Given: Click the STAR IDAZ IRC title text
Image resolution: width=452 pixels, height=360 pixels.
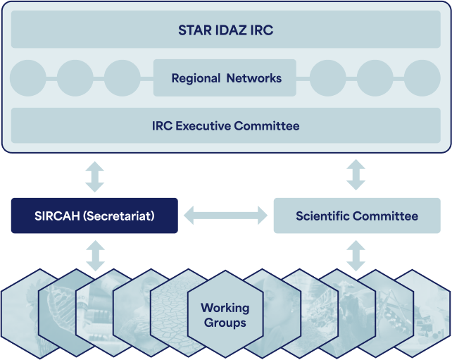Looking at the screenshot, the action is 226,30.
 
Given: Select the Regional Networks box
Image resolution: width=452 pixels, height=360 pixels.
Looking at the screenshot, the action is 225,78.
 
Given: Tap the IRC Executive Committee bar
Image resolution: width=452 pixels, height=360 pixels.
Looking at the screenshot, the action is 226,125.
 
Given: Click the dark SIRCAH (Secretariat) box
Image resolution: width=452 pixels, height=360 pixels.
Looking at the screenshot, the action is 94,216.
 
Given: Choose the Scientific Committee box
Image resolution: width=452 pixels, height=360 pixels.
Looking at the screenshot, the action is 357,216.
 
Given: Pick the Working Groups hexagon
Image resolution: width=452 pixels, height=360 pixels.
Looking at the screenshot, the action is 225,314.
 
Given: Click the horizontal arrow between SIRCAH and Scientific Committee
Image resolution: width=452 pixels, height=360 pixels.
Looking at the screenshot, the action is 226,215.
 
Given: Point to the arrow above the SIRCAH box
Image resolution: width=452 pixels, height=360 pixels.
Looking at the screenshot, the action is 94,177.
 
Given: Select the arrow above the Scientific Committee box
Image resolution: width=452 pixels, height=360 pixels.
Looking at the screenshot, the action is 356,175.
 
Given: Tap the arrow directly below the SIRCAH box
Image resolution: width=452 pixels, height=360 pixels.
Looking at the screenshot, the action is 96,256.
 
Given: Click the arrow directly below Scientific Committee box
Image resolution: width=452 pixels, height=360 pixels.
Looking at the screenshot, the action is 356,256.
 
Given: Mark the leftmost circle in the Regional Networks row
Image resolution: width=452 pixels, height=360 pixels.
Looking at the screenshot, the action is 28,78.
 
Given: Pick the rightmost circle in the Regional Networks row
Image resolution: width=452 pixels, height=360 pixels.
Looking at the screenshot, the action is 422,78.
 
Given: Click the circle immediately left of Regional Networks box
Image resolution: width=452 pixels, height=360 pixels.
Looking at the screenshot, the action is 123,78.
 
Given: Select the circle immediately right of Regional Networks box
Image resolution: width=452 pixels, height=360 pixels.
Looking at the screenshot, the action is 328,78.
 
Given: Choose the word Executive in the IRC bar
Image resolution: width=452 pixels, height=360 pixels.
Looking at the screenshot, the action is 203,126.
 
